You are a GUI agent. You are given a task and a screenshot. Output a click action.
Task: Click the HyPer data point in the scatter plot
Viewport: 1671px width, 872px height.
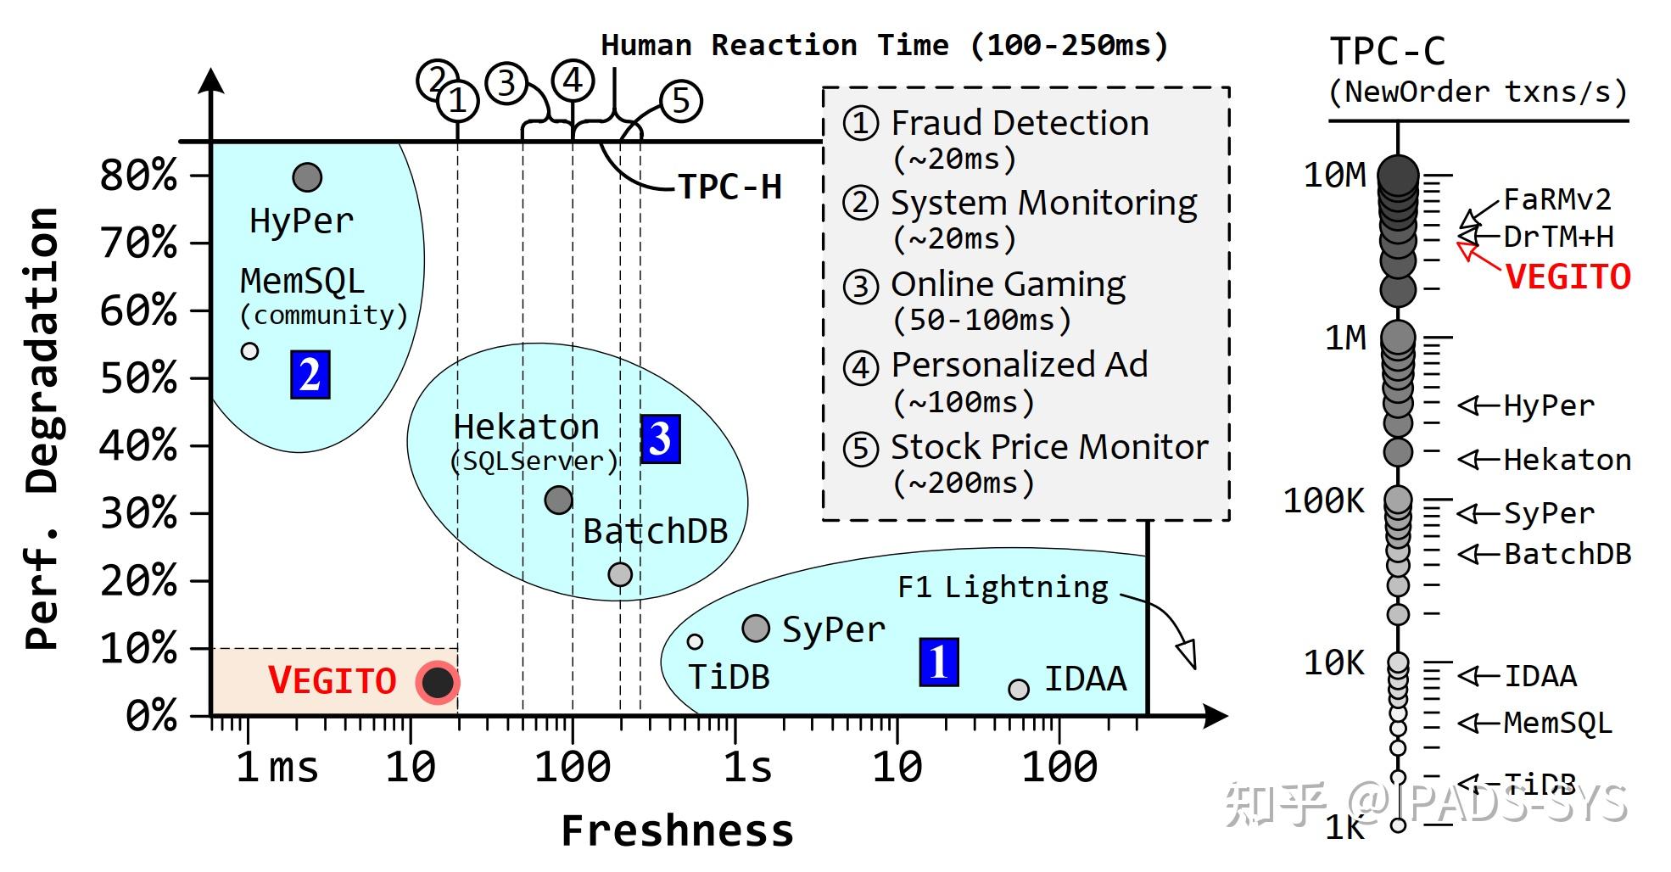click(307, 177)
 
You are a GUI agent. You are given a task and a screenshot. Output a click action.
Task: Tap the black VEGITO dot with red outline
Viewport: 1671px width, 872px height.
click(438, 681)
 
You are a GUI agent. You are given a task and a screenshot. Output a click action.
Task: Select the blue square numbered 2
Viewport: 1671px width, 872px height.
click(310, 374)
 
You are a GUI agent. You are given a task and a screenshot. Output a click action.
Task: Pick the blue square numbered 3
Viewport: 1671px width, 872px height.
click(660, 439)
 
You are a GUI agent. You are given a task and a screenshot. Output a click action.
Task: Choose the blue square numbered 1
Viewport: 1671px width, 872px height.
click(938, 662)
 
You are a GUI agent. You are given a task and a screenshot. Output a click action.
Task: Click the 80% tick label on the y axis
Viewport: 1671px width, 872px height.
click(138, 176)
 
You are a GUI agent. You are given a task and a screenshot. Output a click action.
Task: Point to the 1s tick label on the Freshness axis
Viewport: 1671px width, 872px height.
click(747, 767)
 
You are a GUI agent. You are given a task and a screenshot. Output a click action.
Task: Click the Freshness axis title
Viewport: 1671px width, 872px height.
click(677, 830)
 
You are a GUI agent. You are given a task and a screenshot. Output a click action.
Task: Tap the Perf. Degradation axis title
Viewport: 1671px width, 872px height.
click(42, 428)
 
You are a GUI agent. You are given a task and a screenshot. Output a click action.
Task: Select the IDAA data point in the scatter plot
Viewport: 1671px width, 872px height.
click(1019, 689)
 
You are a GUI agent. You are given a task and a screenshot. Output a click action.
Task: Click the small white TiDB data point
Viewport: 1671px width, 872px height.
click(695, 641)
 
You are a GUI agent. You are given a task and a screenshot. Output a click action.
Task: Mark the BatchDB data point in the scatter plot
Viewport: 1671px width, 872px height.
click(620, 574)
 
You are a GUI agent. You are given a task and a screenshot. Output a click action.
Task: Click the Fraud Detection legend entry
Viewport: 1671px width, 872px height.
click(1018, 124)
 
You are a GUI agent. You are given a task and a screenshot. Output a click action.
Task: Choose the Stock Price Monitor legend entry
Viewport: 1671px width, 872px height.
click(1048, 447)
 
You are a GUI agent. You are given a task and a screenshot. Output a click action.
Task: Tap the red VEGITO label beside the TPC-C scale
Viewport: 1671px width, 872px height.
click(1568, 277)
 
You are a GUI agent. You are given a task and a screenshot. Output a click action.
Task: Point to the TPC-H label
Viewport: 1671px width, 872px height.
click(729, 187)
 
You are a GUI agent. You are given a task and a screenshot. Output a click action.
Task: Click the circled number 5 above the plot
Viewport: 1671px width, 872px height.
click(680, 101)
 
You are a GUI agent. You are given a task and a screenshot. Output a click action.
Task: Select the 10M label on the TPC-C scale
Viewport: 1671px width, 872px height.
click(1335, 175)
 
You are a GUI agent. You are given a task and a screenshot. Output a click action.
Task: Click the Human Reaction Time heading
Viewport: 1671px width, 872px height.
click(884, 45)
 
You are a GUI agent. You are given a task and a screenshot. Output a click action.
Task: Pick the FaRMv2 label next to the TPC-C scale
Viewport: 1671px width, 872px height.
click(1556, 199)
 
